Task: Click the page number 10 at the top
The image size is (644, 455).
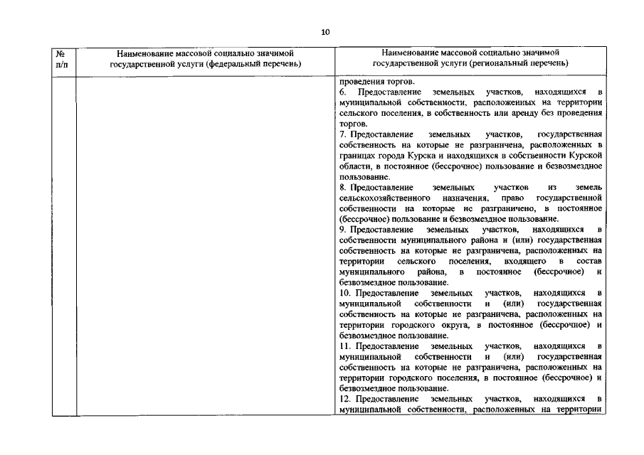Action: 325,32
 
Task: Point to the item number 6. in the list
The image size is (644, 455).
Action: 342,93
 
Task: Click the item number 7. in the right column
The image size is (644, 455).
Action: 342,134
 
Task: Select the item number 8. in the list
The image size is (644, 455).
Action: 342,186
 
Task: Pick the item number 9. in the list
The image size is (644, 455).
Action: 342,230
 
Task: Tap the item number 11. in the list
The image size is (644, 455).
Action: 346,346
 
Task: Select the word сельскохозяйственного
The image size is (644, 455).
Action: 384,197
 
